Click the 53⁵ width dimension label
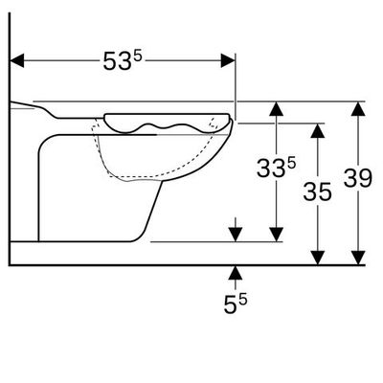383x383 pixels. [122, 60]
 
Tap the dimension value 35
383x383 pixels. [317, 191]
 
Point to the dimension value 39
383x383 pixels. [358, 178]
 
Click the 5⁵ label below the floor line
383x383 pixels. [236, 304]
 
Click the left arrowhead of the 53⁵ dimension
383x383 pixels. [17, 60]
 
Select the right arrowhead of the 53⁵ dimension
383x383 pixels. [228, 60]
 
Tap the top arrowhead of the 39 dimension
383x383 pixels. [358, 108]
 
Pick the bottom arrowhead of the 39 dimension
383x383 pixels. [358, 258]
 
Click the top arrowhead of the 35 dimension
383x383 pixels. [318, 130]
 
